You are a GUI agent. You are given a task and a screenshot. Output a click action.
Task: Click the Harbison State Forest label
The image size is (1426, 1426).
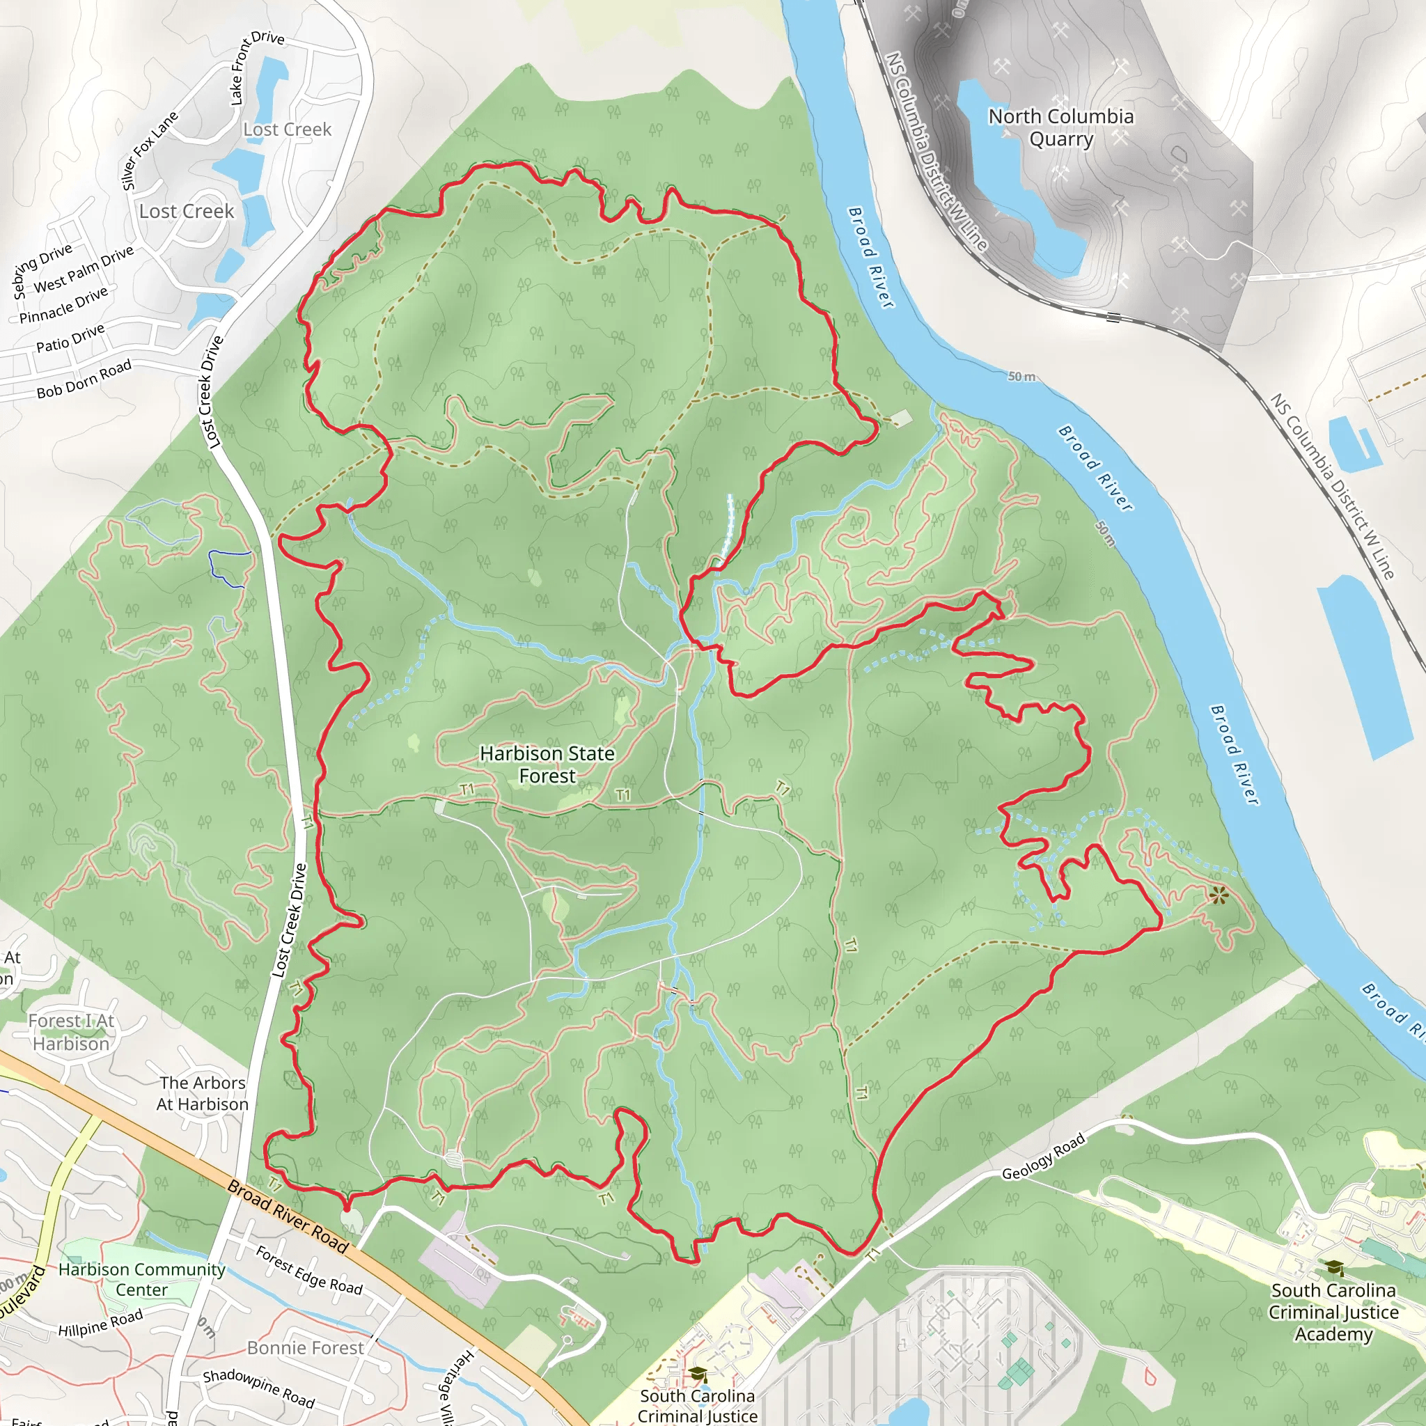tap(547, 765)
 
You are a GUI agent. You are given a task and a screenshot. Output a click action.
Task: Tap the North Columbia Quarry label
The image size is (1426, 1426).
tap(1060, 127)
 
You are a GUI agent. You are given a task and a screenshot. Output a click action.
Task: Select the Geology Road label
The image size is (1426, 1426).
tap(1043, 1157)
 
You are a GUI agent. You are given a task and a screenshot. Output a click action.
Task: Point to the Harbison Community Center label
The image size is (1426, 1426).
tap(142, 1280)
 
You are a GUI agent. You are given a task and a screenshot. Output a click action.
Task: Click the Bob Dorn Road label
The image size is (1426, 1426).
tap(84, 379)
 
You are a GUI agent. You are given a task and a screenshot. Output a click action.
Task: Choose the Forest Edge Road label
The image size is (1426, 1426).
tap(309, 1270)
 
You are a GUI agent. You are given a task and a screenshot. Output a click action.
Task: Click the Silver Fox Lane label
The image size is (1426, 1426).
tap(150, 150)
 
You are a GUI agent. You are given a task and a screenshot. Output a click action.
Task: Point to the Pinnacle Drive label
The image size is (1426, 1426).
tap(63, 306)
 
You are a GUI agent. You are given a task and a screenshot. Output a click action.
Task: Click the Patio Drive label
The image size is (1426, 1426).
tap(70, 338)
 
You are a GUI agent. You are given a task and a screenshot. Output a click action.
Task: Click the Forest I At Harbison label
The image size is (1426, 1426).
tap(71, 1032)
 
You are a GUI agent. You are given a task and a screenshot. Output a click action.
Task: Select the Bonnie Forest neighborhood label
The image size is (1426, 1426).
tap(305, 1348)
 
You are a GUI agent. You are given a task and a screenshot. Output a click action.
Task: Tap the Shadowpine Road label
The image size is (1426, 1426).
tap(258, 1388)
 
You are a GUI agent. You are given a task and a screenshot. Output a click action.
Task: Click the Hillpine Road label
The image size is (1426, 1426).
tap(100, 1323)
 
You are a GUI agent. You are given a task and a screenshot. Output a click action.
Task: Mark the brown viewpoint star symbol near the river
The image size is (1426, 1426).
tap(1218, 897)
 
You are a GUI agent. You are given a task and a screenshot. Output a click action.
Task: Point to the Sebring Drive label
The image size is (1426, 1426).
tap(42, 270)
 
